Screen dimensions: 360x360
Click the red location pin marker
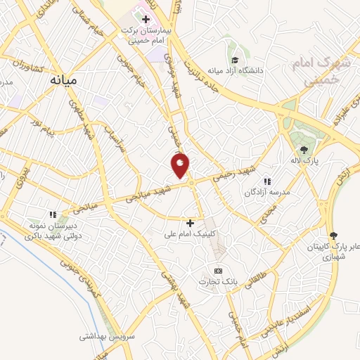point(181,166)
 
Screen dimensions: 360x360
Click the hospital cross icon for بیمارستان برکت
point(146,18)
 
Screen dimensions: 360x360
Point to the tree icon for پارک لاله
point(304,149)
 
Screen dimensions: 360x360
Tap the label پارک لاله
point(306,161)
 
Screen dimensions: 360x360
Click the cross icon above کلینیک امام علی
point(190,223)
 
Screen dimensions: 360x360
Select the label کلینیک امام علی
point(191,234)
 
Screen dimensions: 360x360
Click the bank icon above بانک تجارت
point(218,271)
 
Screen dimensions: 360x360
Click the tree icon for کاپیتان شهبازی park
point(333,236)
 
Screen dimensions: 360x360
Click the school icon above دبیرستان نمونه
point(52,214)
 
